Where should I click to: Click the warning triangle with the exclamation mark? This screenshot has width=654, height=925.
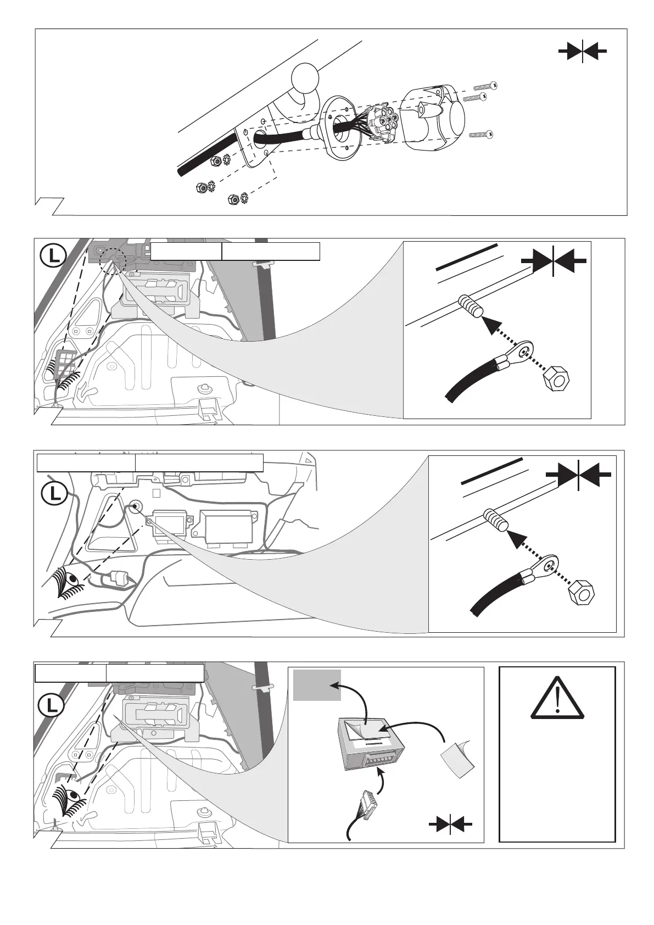coord(557,699)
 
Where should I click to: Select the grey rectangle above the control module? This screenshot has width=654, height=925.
coord(317,684)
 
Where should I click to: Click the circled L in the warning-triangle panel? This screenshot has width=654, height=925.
coord(52,705)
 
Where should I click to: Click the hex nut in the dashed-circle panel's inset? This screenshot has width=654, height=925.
coord(555,378)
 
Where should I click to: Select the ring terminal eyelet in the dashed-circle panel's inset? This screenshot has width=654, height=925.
coord(521,349)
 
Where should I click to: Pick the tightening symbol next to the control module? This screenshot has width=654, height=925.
coord(450,824)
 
